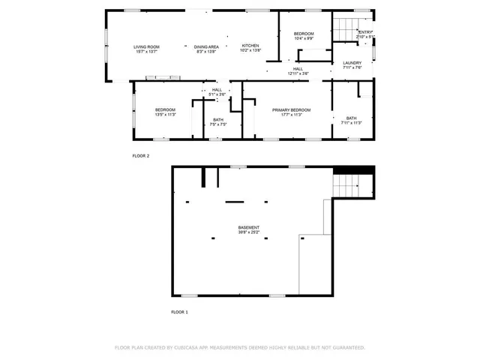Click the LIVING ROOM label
point(146,46)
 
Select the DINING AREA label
point(207,46)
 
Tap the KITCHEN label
point(250,46)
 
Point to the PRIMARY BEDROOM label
point(291,109)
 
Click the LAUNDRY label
point(352,63)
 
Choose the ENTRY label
point(365,32)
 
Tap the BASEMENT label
point(249,227)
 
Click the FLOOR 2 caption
point(141,156)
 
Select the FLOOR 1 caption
point(179,311)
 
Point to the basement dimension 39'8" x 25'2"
point(249,232)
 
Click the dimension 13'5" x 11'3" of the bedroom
point(165,115)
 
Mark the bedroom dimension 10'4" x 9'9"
point(304,39)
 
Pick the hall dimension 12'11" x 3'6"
point(298,73)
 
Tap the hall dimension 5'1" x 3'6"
point(217,94)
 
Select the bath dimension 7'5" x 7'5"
point(217,124)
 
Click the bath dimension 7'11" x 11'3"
point(351,122)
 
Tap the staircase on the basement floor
point(352,184)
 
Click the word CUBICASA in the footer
point(187,348)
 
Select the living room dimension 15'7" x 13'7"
point(146,52)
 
